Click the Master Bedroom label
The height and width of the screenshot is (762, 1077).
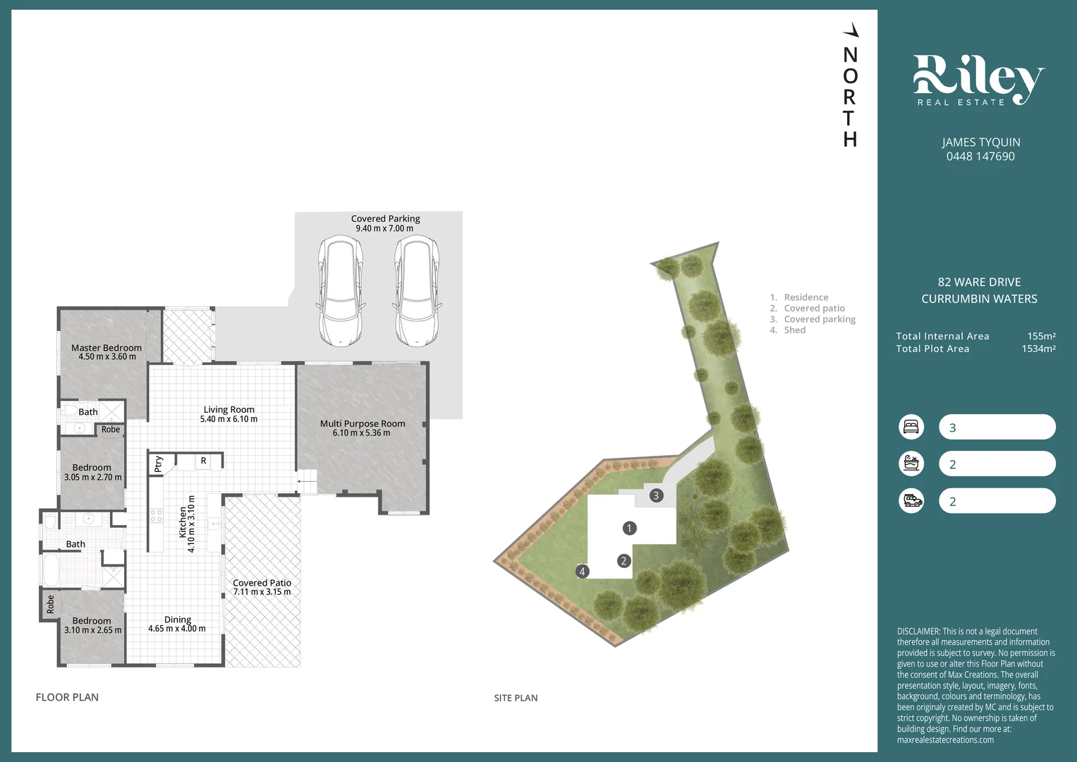coord(107,348)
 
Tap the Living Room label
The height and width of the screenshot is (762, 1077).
coord(229,410)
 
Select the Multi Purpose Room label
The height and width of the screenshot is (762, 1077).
coord(363,424)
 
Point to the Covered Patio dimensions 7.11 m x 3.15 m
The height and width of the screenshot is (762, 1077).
coord(262,592)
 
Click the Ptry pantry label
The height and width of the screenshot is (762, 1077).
coord(159,464)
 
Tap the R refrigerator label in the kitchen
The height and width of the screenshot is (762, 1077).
coord(203,461)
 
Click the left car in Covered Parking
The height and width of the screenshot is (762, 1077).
coord(341,291)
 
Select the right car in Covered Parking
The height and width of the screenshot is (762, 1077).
coord(417,291)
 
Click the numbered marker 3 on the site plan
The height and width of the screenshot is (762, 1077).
coord(657,495)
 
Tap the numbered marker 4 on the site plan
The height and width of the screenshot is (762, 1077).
coord(583,571)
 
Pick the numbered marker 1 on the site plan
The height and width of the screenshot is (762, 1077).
coord(629,528)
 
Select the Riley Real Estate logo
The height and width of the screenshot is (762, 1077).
coord(979,80)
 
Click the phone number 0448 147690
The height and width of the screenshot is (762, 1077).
coord(980,157)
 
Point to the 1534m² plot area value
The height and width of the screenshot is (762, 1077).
coord(1038,349)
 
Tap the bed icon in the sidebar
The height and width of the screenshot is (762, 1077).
coord(911,427)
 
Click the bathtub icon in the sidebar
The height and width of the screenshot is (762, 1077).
coord(911,464)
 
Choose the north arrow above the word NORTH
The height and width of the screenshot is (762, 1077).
coord(851,30)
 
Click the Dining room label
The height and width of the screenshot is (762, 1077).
coord(178,619)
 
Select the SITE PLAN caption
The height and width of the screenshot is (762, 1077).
coord(516,698)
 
